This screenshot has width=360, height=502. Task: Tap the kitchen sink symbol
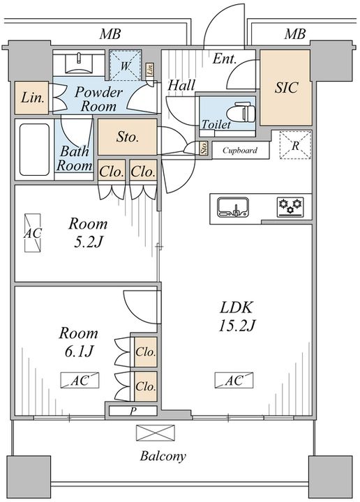pos(233,208)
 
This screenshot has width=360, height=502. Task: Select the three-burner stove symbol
pos(290,207)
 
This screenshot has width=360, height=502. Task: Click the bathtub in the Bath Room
pos(35,149)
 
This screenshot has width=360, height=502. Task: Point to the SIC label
pos(286,87)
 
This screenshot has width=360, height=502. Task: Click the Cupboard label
pos(240,150)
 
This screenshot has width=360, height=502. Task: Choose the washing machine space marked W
pos(125,66)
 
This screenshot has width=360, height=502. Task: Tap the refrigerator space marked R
pos(295,145)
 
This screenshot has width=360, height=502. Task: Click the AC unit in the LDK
pos(234,381)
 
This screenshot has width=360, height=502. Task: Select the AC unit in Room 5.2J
pos(33,233)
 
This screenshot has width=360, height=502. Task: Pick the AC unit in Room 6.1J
pos(80,381)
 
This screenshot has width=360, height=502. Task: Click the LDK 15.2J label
pos(237,317)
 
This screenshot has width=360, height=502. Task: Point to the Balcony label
pos(163,456)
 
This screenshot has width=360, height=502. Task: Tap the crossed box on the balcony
pos(156,433)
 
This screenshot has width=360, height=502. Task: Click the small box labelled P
pos(133,411)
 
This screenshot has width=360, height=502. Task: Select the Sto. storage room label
pos(127,137)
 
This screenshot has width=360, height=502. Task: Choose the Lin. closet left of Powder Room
pos(31,98)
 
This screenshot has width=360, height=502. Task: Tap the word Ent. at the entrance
pos(225,59)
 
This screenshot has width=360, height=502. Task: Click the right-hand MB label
pos(295,34)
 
